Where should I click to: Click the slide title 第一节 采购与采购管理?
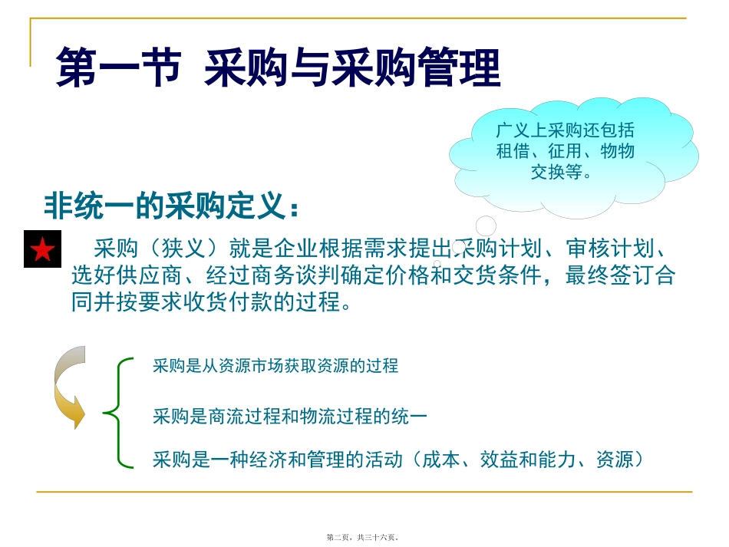pos(278,68)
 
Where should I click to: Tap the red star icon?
pos(42,249)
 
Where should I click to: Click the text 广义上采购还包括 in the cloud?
pos(564,131)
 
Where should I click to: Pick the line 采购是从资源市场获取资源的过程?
pos(275,366)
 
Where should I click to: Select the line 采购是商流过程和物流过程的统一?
pos(289,417)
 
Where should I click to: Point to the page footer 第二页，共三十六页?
pos(364,537)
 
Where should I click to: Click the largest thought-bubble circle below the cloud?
pos(486,226)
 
